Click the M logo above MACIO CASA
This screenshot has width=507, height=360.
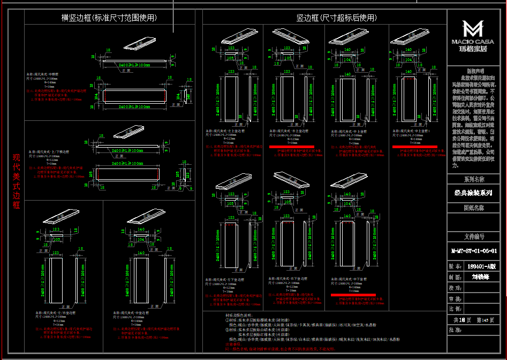[x=473, y=29]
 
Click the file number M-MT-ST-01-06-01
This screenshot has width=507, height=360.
[x=473, y=250]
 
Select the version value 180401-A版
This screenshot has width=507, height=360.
[x=481, y=265]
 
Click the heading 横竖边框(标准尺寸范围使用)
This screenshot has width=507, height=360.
[x=109, y=18]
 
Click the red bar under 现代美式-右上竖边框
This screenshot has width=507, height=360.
[x=292, y=146]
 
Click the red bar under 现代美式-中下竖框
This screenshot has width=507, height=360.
[x=353, y=295]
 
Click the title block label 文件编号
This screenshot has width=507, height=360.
[x=474, y=236]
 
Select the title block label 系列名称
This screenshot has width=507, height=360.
[x=474, y=179]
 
